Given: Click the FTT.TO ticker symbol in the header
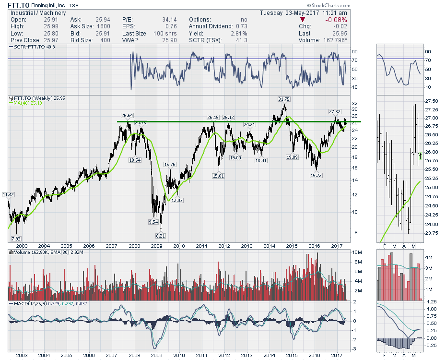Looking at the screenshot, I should click(x=18, y=5).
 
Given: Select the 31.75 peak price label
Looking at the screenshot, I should click(x=284, y=99).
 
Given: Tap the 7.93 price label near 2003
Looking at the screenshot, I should click(x=15, y=239).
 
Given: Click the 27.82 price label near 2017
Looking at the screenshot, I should click(x=335, y=111).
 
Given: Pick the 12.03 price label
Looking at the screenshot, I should click(x=178, y=200).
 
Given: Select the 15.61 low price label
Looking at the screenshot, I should click(x=218, y=176).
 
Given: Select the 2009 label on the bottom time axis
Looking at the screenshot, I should click(x=157, y=355).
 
